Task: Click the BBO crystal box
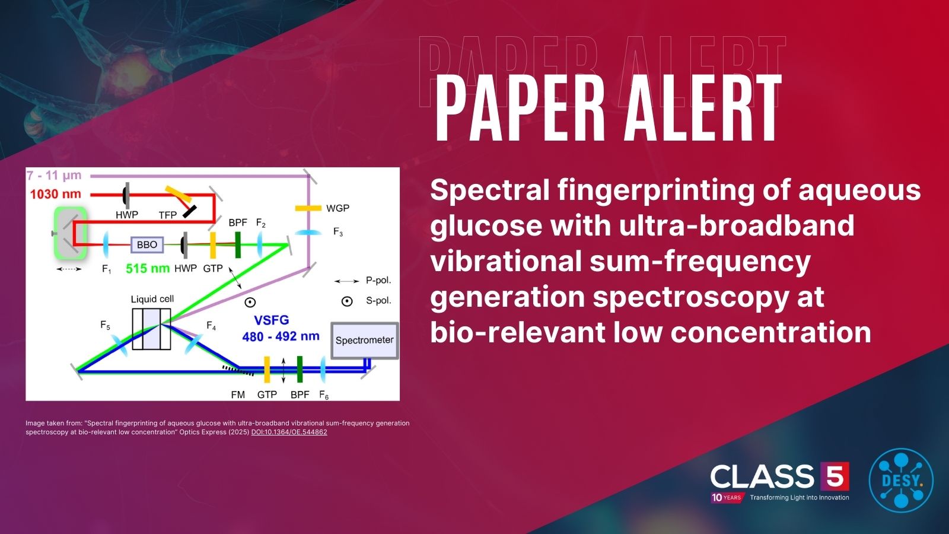pyautogui.click(x=147, y=244)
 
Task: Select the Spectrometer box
pyautogui.click(x=364, y=341)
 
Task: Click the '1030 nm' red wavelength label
pyautogui.click(x=55, y=194)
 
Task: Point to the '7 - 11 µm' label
pyautogui.click(x=54, y=176)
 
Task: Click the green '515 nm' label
pyautogui.click(x=148, y=268)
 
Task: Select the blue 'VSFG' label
pyautogui.click(x=271, y=320)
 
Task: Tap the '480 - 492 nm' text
pyautogui.click(x=281, y=336)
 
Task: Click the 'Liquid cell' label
pyautogui.click(x=152, y=299)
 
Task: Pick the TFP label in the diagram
pyautogui.click(x=168, y=215)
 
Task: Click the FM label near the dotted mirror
pyautogui.click(x=238, y=395)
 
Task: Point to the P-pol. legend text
pyautogui.click(x=378, y=281)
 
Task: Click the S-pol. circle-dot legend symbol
pyautogui.click(x=347, y=301)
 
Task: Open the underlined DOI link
pyautogui.click(x=289, y=432)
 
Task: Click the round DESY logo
pyautogui.click(x=900, y=479)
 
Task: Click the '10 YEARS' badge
pyautogui.click(x=727, y=497)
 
